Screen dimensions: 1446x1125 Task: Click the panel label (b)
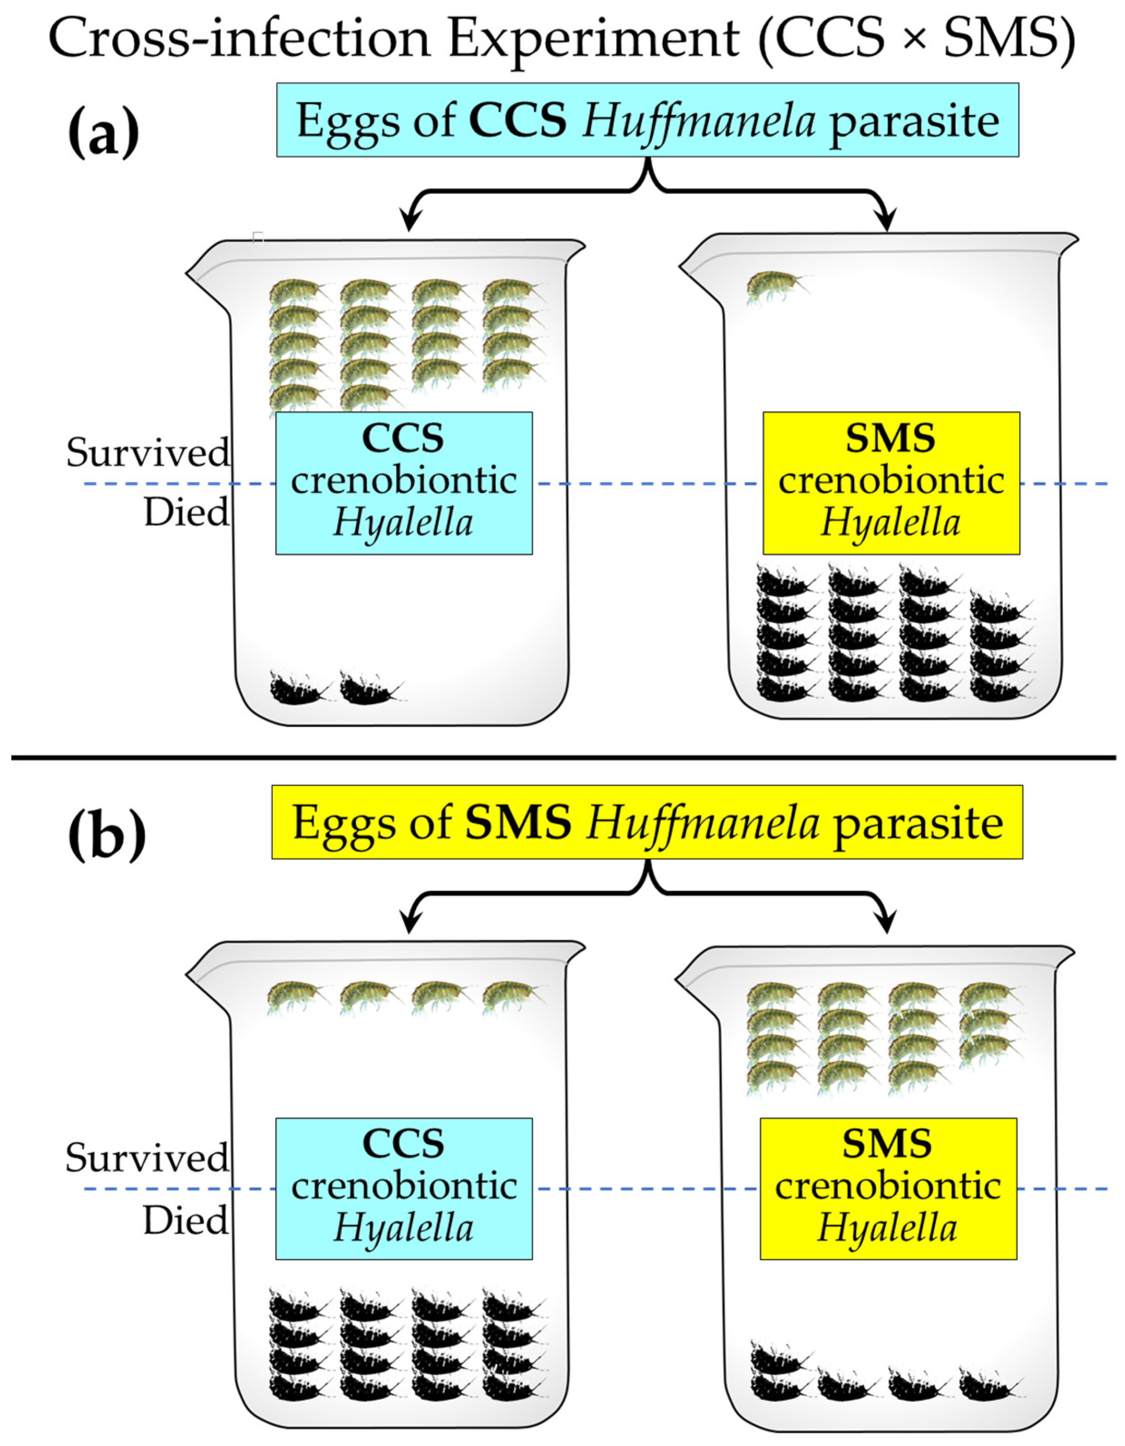[x=106, y=835]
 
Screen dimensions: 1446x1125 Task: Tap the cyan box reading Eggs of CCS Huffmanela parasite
[x=647, y=120]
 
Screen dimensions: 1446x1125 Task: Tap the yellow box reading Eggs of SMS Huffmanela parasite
[x=647, y=822]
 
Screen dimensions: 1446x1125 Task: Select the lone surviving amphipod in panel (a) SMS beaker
[x=775, y=286]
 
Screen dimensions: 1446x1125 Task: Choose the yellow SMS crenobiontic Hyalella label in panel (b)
[x=887, y=1189]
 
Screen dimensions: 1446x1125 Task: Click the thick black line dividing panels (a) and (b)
[x=563, y=757]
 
